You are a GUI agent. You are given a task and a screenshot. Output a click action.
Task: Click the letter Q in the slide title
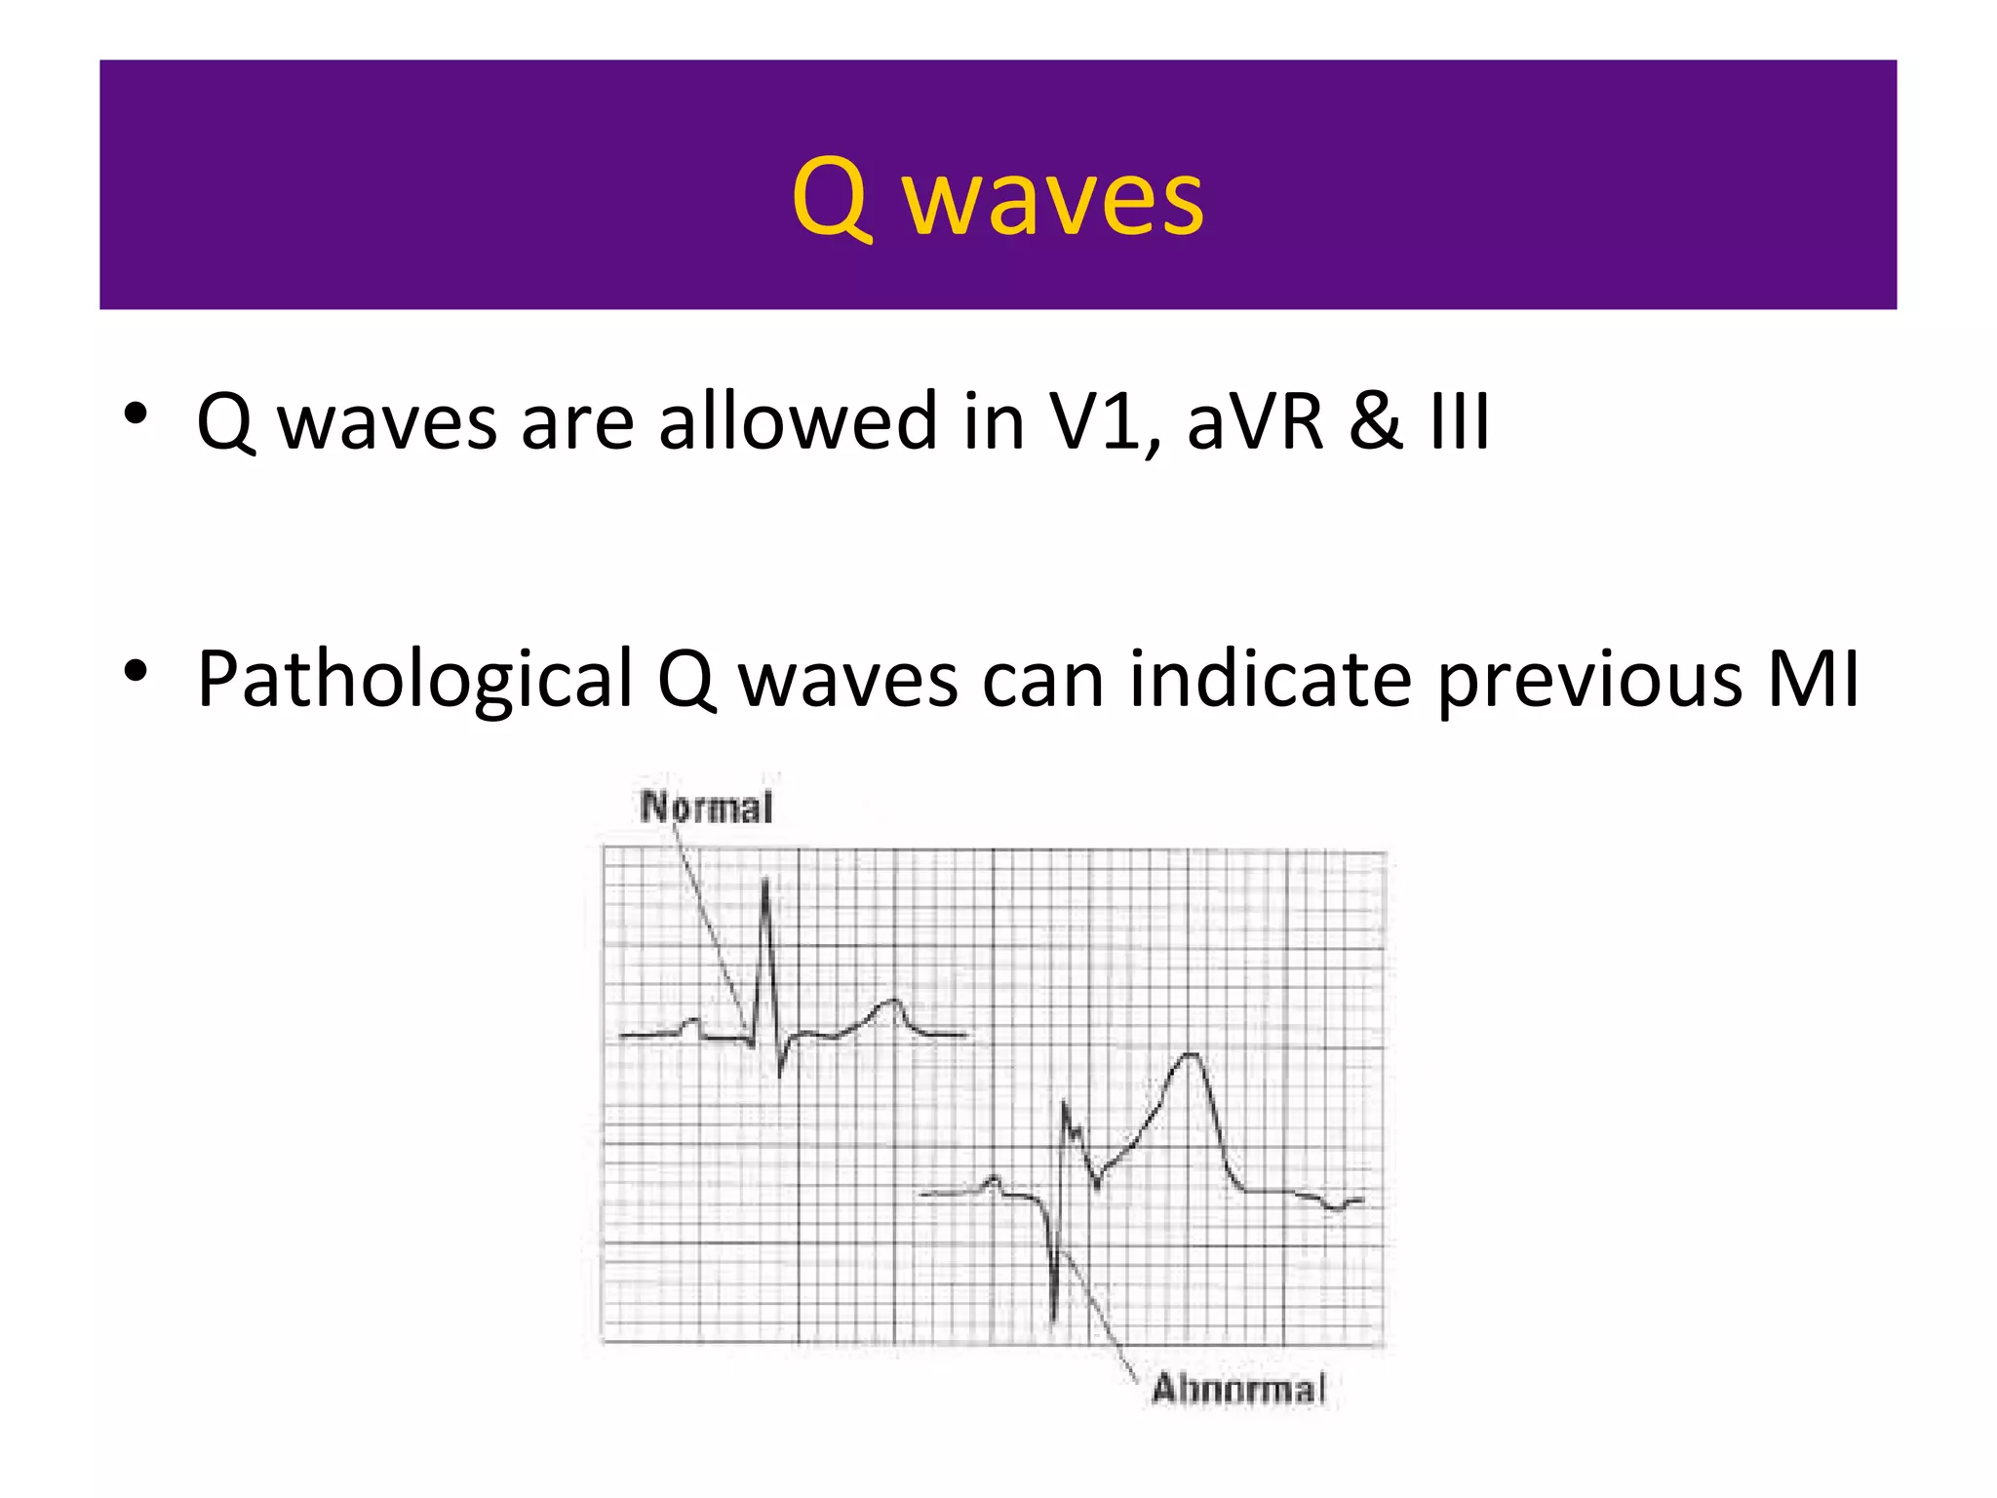tap(830, 198)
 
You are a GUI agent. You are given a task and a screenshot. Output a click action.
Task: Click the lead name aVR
tap(1255, 421)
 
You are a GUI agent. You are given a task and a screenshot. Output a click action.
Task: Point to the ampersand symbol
tap(1376, 421)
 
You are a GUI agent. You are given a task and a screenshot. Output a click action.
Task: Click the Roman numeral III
tap(1460, 421)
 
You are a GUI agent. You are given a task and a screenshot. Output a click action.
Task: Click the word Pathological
tap(415, 680)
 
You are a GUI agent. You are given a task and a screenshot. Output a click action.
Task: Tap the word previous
tap(1590, 680)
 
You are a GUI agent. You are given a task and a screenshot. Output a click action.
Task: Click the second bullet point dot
tap(136, 671)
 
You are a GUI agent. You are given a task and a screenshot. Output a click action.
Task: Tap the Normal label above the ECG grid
tap(707, 808)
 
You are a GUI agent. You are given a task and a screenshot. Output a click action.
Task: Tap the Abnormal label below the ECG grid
tap(1238, 1389)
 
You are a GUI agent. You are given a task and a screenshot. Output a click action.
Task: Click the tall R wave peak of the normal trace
tap(765, 883)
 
